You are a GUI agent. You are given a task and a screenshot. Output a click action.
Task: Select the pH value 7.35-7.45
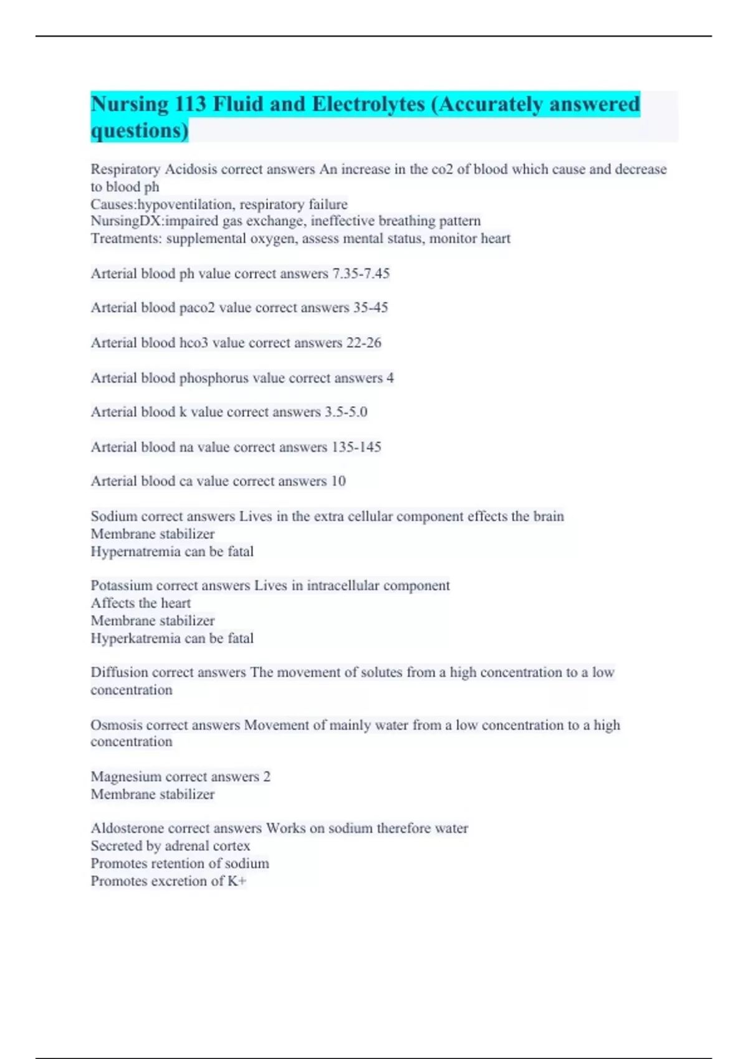pos(361,273)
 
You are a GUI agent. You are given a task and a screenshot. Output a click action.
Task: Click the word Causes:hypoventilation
pos(163,204)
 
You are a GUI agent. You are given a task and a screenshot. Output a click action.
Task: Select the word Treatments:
pos(126,239)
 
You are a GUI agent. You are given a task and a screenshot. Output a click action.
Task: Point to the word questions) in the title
pos(140,131)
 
